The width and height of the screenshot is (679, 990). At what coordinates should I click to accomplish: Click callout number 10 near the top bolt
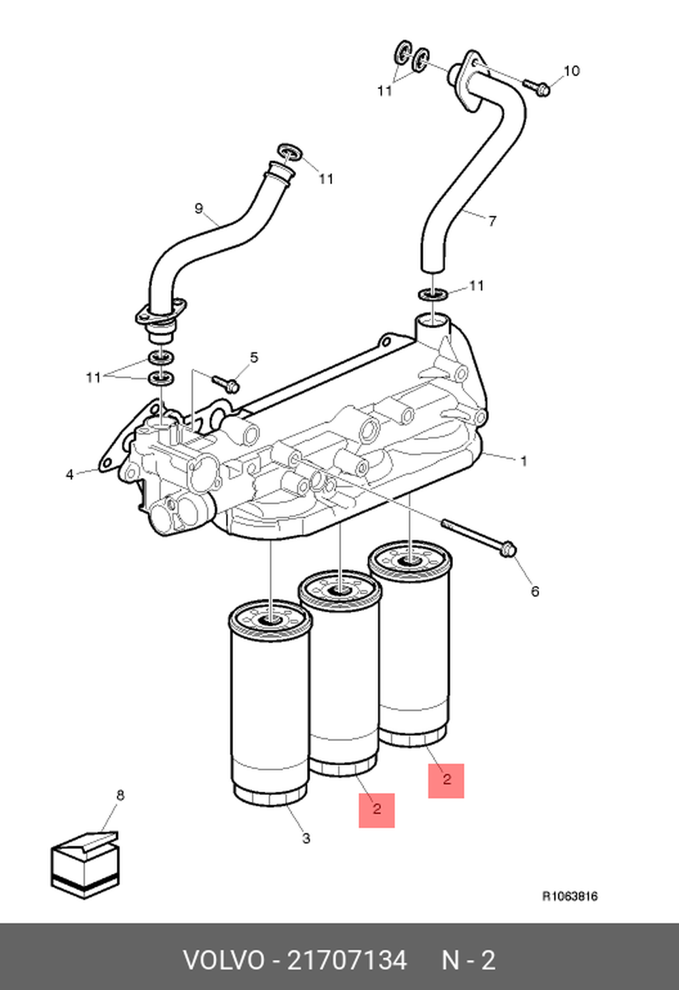point(571,71)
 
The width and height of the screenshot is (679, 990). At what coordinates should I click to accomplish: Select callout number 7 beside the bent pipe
point(492,221)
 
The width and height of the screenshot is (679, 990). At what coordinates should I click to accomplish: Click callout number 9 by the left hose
point(199,208)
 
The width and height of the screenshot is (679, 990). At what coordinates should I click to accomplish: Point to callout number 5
point(254,357)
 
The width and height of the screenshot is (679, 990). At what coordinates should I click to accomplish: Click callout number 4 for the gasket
point(69,475)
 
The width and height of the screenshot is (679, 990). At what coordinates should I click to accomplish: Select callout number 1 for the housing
point(524,461)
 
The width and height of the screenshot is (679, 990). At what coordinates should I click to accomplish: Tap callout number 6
point(535,591)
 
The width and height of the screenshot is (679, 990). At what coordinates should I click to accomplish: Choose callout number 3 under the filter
point(306,839)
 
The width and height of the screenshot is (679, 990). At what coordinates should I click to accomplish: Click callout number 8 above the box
point(120,795)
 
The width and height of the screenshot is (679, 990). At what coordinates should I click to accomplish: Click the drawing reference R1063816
point(570,896)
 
